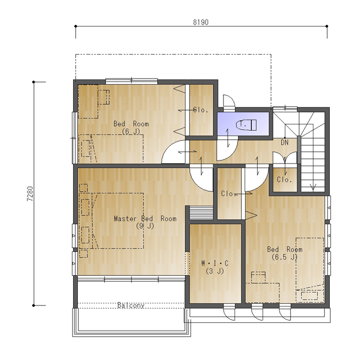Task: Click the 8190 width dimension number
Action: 201,22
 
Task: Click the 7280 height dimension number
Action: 30,194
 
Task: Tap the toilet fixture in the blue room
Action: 246,125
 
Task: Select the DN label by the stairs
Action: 284,142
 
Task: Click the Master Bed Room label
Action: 146,218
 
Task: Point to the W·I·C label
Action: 215,263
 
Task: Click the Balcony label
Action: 131,305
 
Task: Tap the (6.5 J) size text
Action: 285,257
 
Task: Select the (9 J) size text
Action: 145,226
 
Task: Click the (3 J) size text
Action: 215,271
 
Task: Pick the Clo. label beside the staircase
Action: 284,179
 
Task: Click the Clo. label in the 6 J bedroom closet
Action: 201,110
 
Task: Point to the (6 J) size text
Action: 131,131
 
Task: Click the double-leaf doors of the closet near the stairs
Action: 285,157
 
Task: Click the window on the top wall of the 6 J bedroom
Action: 131,81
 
